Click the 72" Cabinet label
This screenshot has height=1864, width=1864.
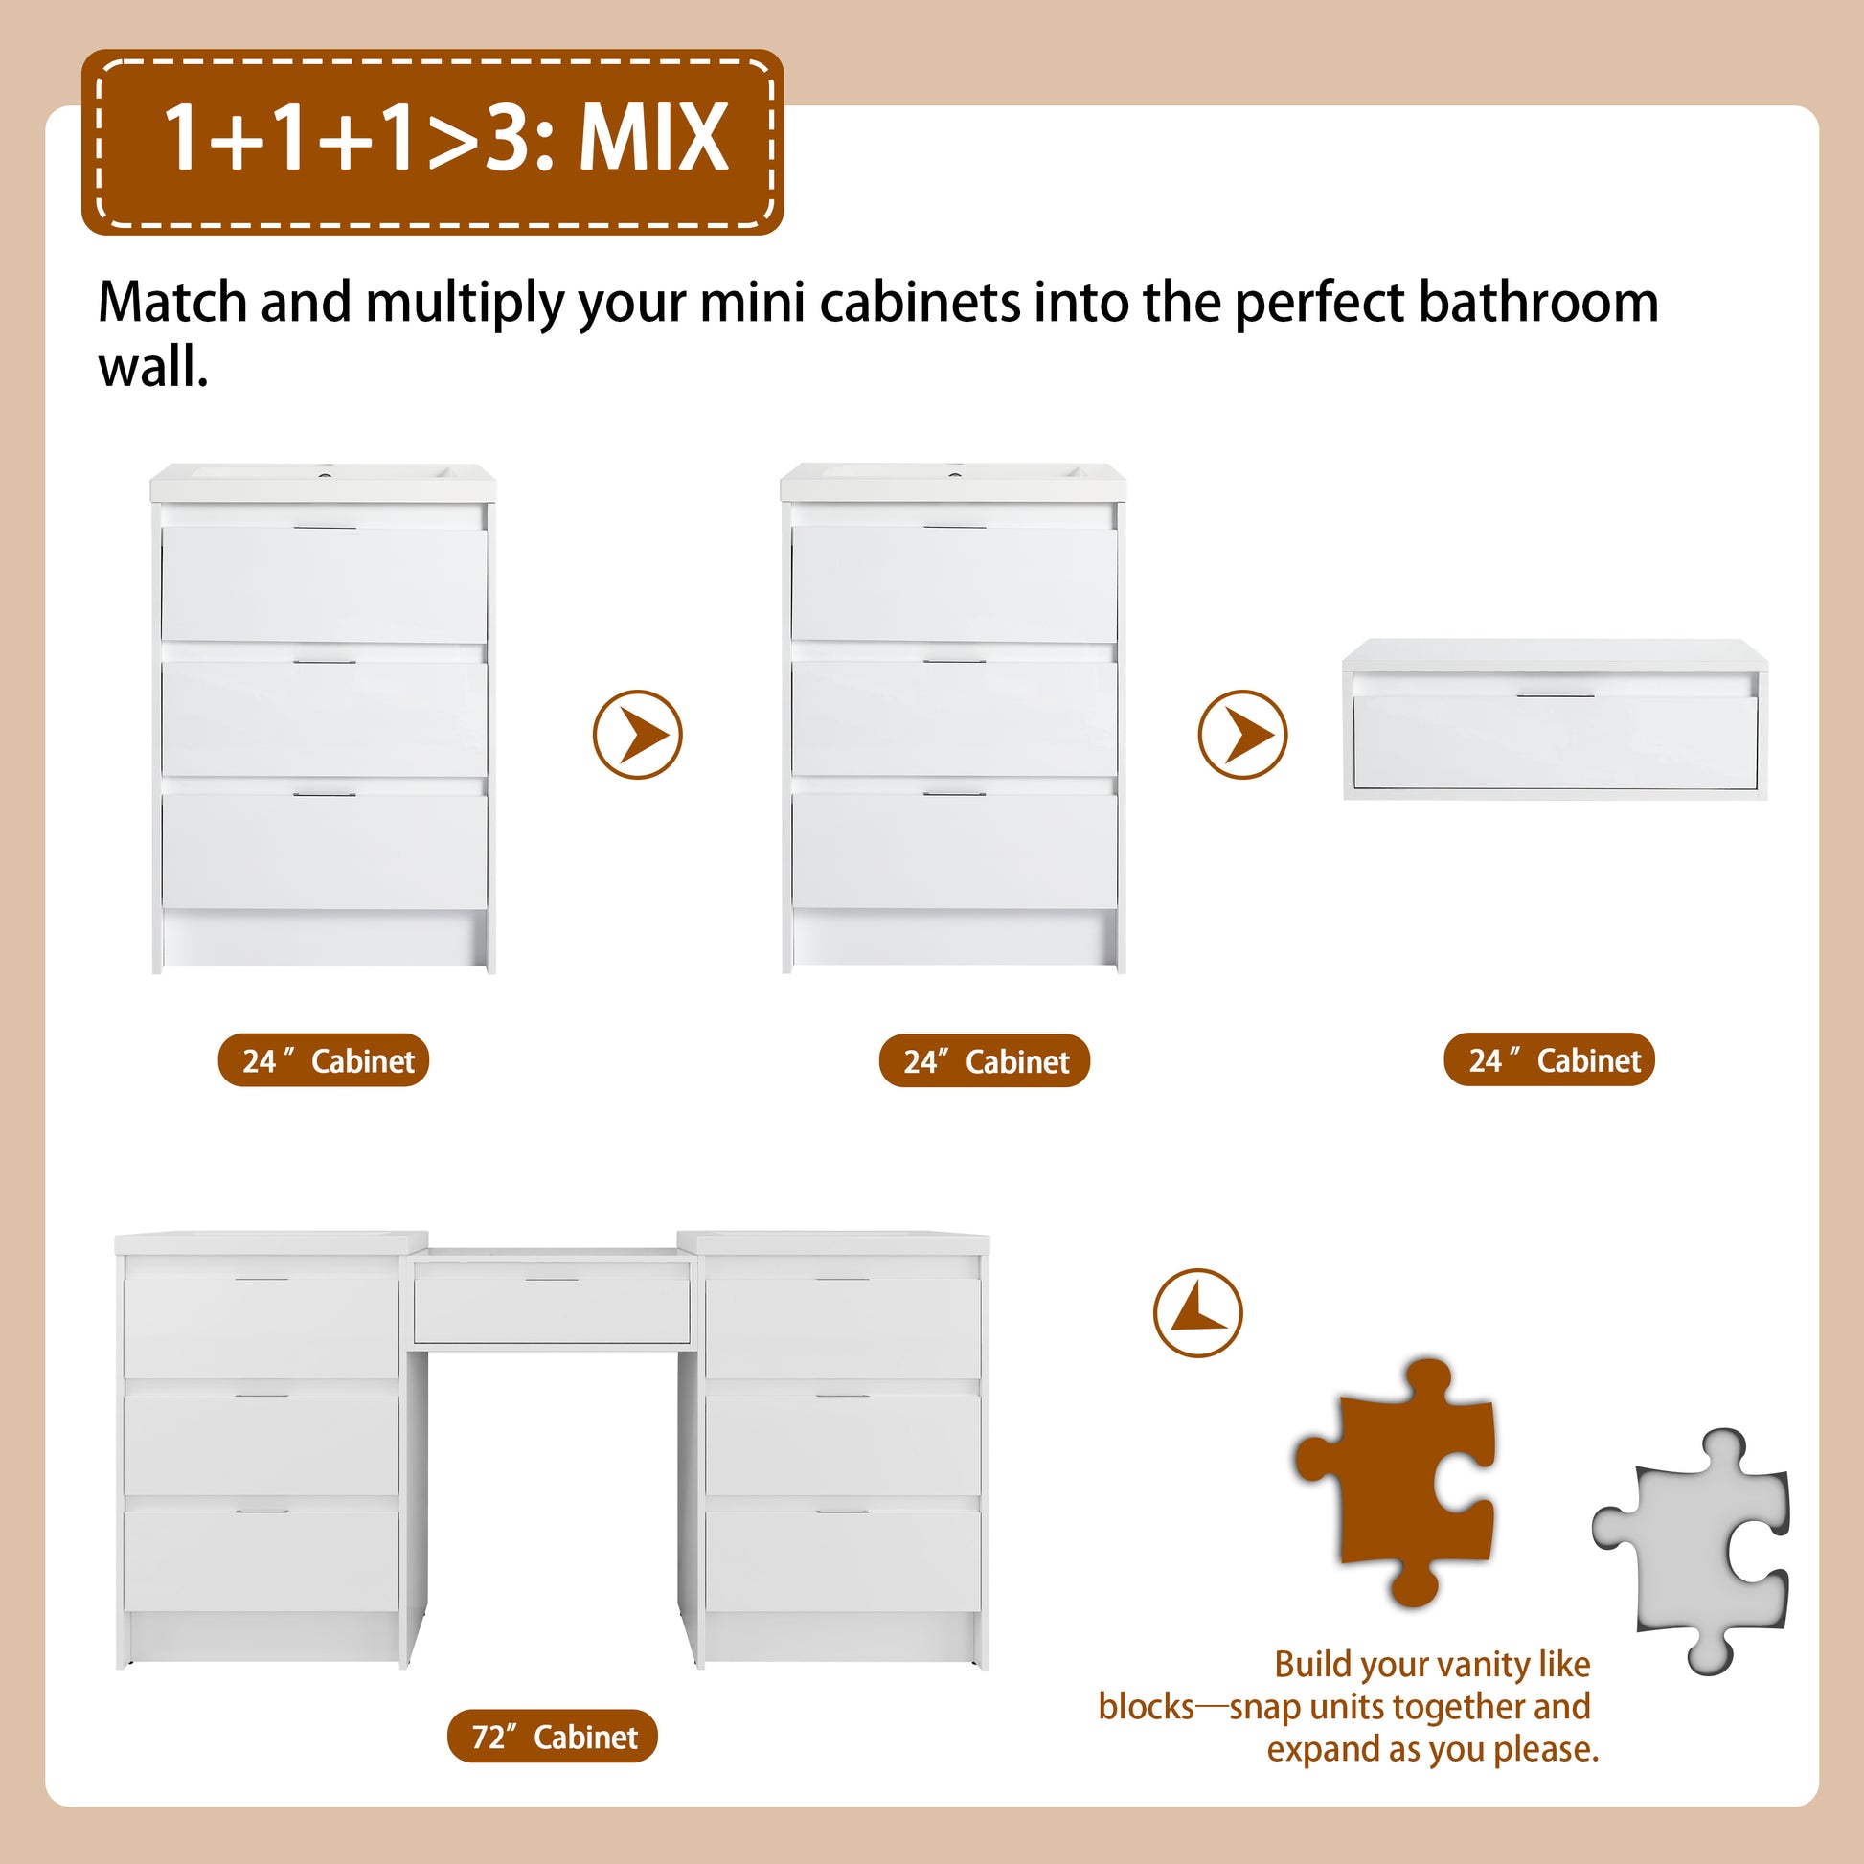553,1737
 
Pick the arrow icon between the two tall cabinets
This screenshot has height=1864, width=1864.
638,735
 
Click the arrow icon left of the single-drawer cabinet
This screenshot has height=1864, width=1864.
1242,735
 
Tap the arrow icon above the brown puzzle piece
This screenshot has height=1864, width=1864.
1198,1313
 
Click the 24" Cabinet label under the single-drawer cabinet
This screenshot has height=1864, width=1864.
1550,1060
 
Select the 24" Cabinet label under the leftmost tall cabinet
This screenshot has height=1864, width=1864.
324,1060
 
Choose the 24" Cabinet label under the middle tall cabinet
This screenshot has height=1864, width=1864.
985,1061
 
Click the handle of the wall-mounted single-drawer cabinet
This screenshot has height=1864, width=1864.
1556,694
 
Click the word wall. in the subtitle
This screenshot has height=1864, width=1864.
153,368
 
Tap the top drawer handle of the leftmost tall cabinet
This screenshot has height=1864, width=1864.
325,527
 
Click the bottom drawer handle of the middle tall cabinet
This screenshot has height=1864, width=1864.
954,794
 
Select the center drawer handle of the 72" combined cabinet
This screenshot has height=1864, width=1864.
552,1280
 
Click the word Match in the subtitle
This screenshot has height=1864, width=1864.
172,303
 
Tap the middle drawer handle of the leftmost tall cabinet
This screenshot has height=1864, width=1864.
325,661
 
